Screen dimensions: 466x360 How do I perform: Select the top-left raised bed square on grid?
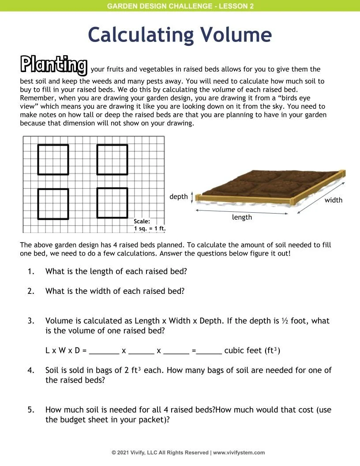(x=53, y=159)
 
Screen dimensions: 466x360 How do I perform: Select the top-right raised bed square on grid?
(x=112, y=159)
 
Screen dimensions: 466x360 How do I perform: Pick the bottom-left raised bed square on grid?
(x=53, y=204)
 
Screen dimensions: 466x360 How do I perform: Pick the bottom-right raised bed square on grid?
(x=112, y=203)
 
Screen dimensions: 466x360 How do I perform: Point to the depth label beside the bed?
(x=178, y=197)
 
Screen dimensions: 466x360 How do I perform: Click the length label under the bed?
(x=242, y=217)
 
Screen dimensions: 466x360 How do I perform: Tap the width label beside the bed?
(x=333, y=200)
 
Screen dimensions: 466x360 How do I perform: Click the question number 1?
(x=31, y=271)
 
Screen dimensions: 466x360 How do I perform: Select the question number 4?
(x=31, y=370)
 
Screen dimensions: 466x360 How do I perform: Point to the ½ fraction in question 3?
(x=285, y=321)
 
